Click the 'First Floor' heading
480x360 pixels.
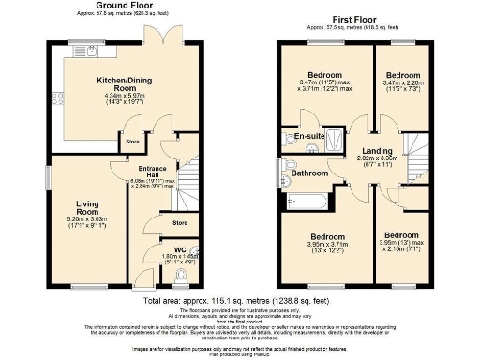[353, 18]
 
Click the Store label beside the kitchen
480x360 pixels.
[133, 142]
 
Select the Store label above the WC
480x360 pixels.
[179, 223]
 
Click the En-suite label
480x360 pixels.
[308, 137]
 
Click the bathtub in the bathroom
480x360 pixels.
[306, 201]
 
